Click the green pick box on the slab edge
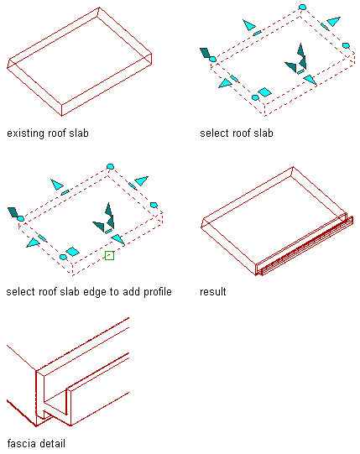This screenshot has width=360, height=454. pyautogui.click(x=109, y=255)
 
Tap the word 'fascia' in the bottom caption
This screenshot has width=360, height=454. pyautogui.click(x=19, y=443)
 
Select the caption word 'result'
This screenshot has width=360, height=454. pyautogui.click(x=213, y=291)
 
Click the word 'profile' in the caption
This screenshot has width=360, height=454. pyautogui.click(x=158, y=292)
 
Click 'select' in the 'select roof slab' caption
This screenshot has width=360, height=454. pyautogui.click(x=212, y=133)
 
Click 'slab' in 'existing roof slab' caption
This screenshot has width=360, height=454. pyautogui.click(x=79, y=133)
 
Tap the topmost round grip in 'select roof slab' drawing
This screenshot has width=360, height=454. pyautogui.click(x=302, y=7)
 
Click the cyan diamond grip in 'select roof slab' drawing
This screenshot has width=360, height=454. pyautogui.click(x=264, y=92)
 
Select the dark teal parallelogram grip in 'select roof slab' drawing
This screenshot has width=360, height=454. pyautogui.click(x=206, y=53)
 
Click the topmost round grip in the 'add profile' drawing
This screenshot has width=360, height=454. pyautogui.click(x=110, y=166)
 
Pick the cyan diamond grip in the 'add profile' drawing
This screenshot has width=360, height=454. pyautogui.click(x=72, y=251)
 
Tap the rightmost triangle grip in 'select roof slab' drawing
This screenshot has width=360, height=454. pyautogui.click(x=334, y=21)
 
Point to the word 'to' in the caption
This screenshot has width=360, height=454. pyautogui.click(x=114, y=292)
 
